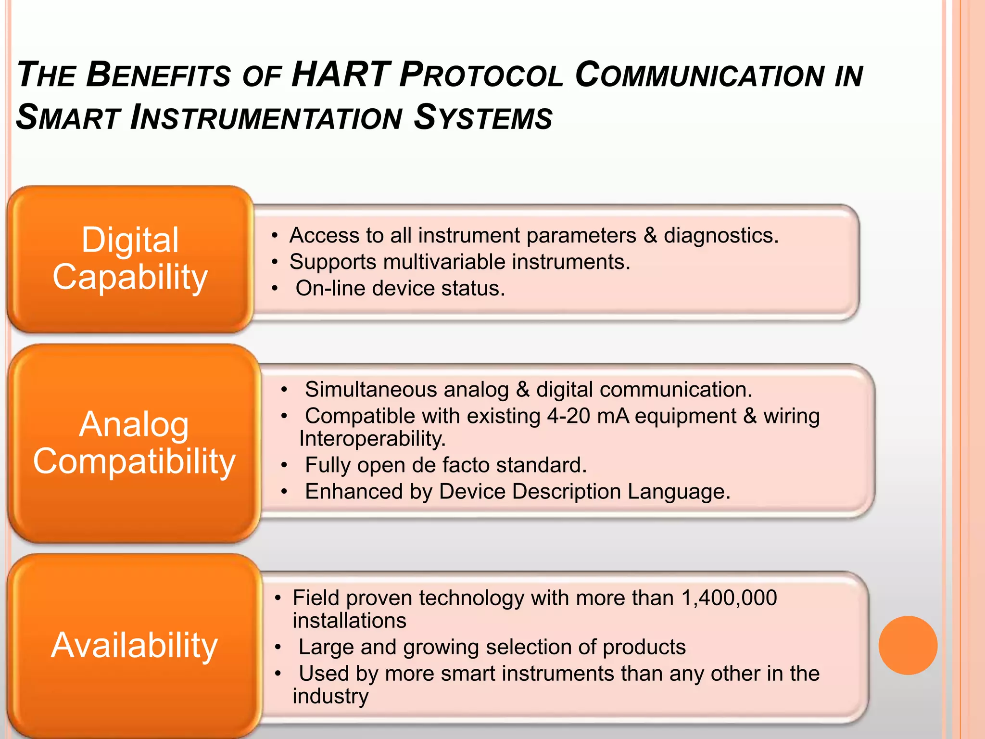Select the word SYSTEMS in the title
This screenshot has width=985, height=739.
(x=483, y=118)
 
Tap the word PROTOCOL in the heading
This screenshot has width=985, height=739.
(x=481, y=76)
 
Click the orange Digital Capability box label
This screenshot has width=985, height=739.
(x=130, y=258)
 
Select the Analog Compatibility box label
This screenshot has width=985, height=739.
(x=134, y=443)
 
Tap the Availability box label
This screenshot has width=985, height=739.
(x=134, y=645)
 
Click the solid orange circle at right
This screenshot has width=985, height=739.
(x=908, y=645)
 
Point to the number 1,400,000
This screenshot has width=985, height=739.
(x=729, y=598)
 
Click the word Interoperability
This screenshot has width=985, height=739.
(x=372, y=439)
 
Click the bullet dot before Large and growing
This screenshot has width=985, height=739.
(x=278, y=648)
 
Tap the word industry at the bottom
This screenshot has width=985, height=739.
(x=330, y=696)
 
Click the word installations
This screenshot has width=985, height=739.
(x=349, y=621)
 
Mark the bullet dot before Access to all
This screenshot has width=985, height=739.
(x=274, y=236)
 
